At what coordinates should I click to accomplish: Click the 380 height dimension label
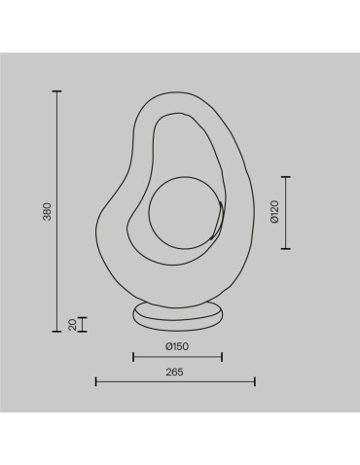[46, 211]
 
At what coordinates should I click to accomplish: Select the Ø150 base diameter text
[177, 346]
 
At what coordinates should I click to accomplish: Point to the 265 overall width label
[175, 372]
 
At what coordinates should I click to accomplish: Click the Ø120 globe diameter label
[274, 212]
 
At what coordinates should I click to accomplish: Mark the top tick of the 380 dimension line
[57, 91]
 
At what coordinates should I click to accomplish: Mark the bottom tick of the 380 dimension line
[57, 332]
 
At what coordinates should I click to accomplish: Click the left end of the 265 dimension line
[95, 381]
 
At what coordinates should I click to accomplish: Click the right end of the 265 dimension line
[255, 381]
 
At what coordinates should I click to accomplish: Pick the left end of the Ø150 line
[132, 356]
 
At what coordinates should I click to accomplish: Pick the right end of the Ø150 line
[222, 356]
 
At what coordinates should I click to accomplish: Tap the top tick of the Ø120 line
[285, 177]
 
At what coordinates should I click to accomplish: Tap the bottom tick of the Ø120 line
[285, 249]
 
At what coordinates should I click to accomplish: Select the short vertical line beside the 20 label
[82, 324]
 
